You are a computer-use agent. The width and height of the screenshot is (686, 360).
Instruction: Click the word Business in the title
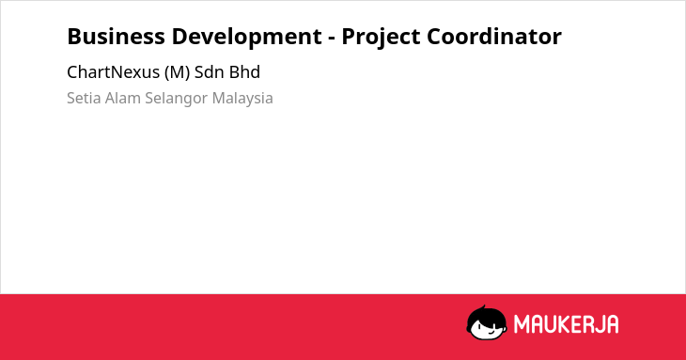(116, 37)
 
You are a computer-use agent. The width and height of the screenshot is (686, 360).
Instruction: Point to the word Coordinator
(494, 37)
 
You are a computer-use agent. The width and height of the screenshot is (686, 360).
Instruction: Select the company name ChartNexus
(114, 72)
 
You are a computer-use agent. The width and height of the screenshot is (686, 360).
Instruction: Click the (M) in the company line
(178, 72)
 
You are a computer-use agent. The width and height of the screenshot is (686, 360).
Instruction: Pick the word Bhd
(244, 72)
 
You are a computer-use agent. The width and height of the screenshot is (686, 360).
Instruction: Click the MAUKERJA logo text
(566, 324)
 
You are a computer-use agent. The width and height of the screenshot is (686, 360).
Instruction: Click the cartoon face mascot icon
(487, 323)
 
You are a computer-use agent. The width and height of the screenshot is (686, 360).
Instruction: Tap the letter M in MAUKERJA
(522, 324)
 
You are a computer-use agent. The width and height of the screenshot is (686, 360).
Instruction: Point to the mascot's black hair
(485, 313)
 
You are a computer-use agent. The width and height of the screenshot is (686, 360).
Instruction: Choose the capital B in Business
(73, 37)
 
